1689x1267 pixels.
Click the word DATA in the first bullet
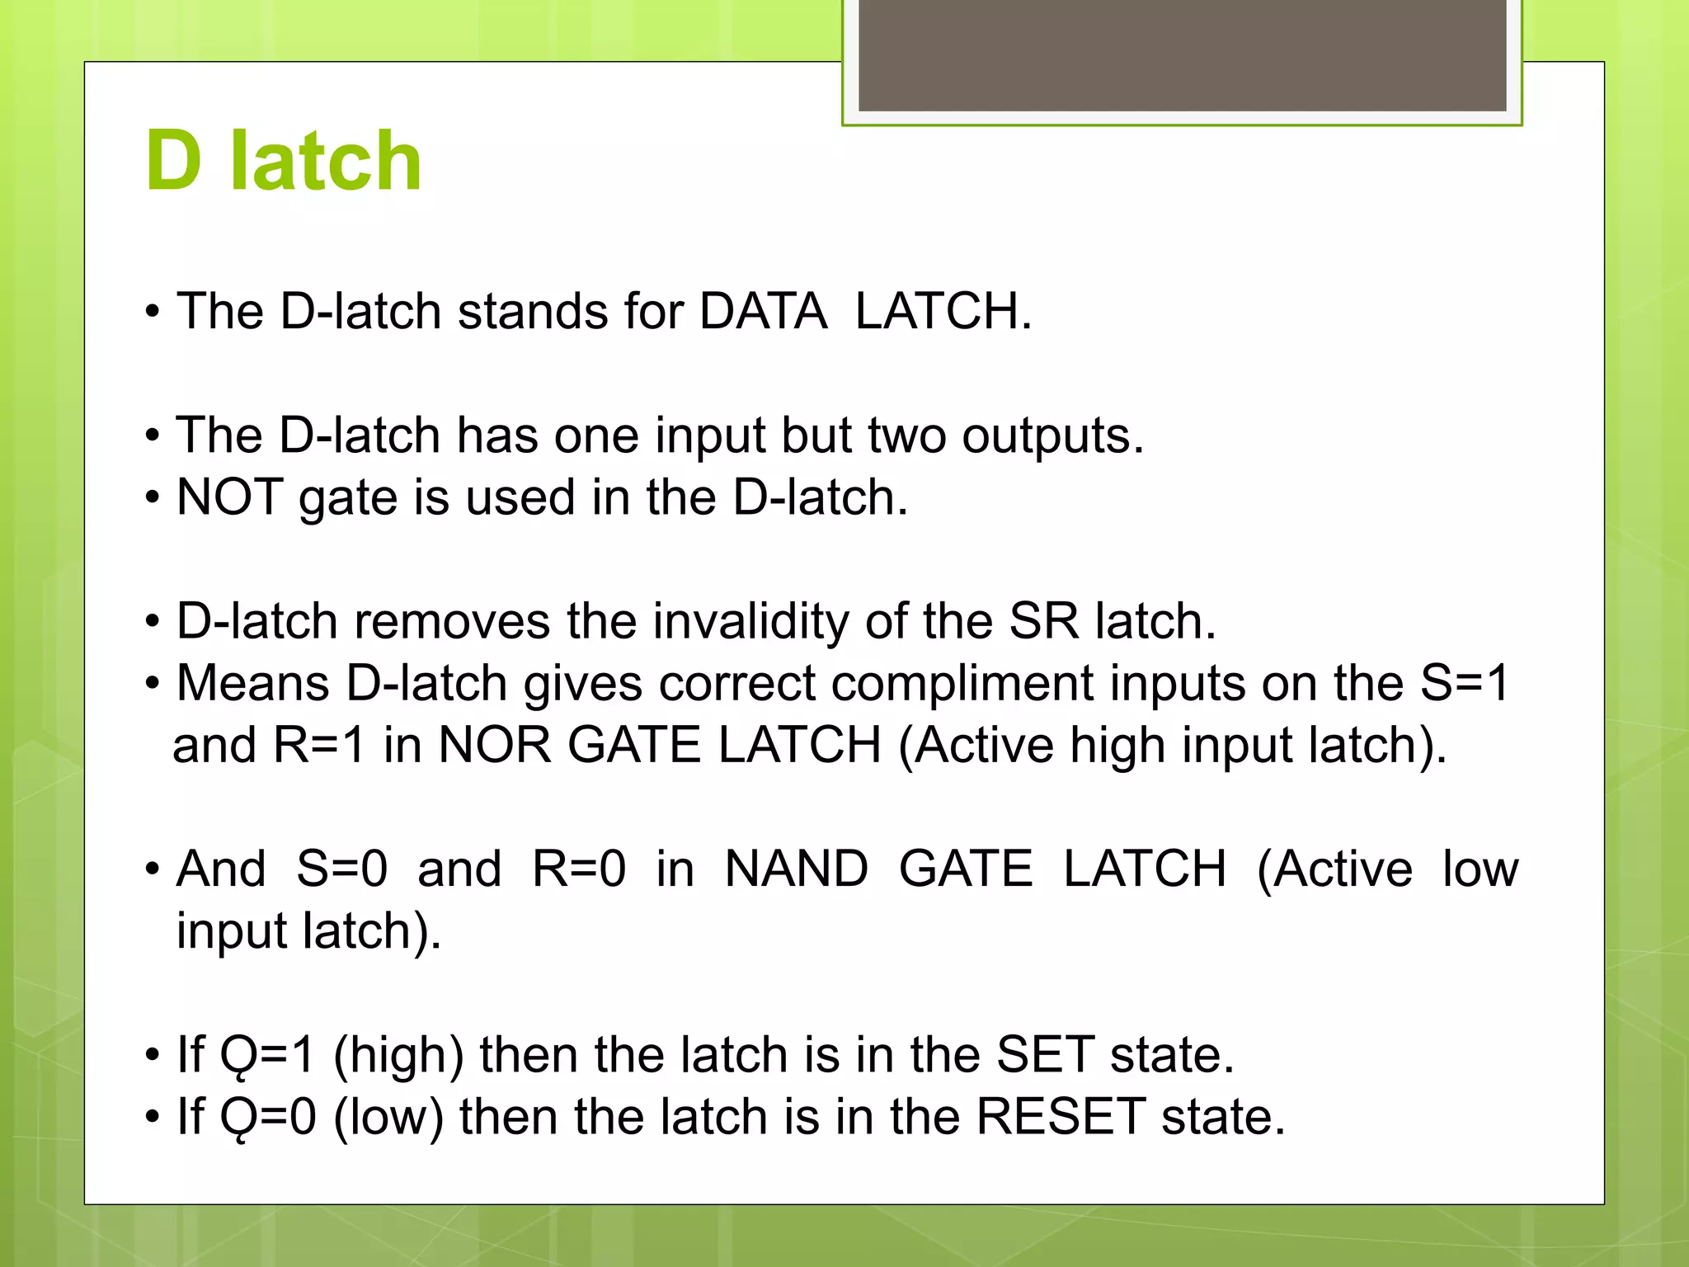763,312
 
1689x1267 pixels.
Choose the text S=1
1464,684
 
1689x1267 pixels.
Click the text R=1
319,745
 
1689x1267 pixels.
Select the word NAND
796,869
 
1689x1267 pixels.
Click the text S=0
341,869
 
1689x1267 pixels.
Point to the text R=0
578,869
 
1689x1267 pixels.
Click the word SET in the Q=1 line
1045,1055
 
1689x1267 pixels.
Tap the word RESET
1061,1117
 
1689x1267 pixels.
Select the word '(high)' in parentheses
398,1055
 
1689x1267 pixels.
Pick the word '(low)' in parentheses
388,1117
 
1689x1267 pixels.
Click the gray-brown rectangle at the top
1182,54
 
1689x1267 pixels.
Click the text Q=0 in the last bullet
268,1117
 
